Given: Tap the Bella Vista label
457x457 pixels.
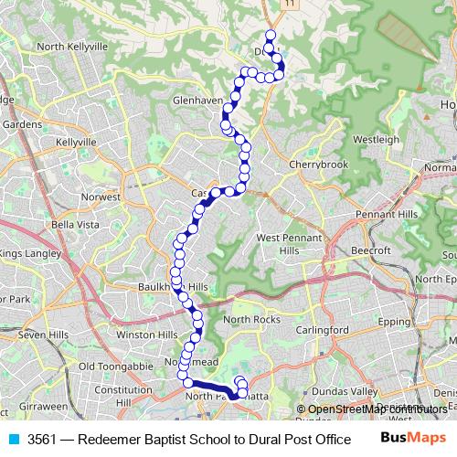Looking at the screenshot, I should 75,224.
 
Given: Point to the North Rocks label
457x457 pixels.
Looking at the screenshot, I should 249,319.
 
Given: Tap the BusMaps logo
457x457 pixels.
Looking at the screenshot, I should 407,439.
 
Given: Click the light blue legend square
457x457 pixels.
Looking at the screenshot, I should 14,440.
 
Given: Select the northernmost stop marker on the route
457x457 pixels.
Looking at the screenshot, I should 270,36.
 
